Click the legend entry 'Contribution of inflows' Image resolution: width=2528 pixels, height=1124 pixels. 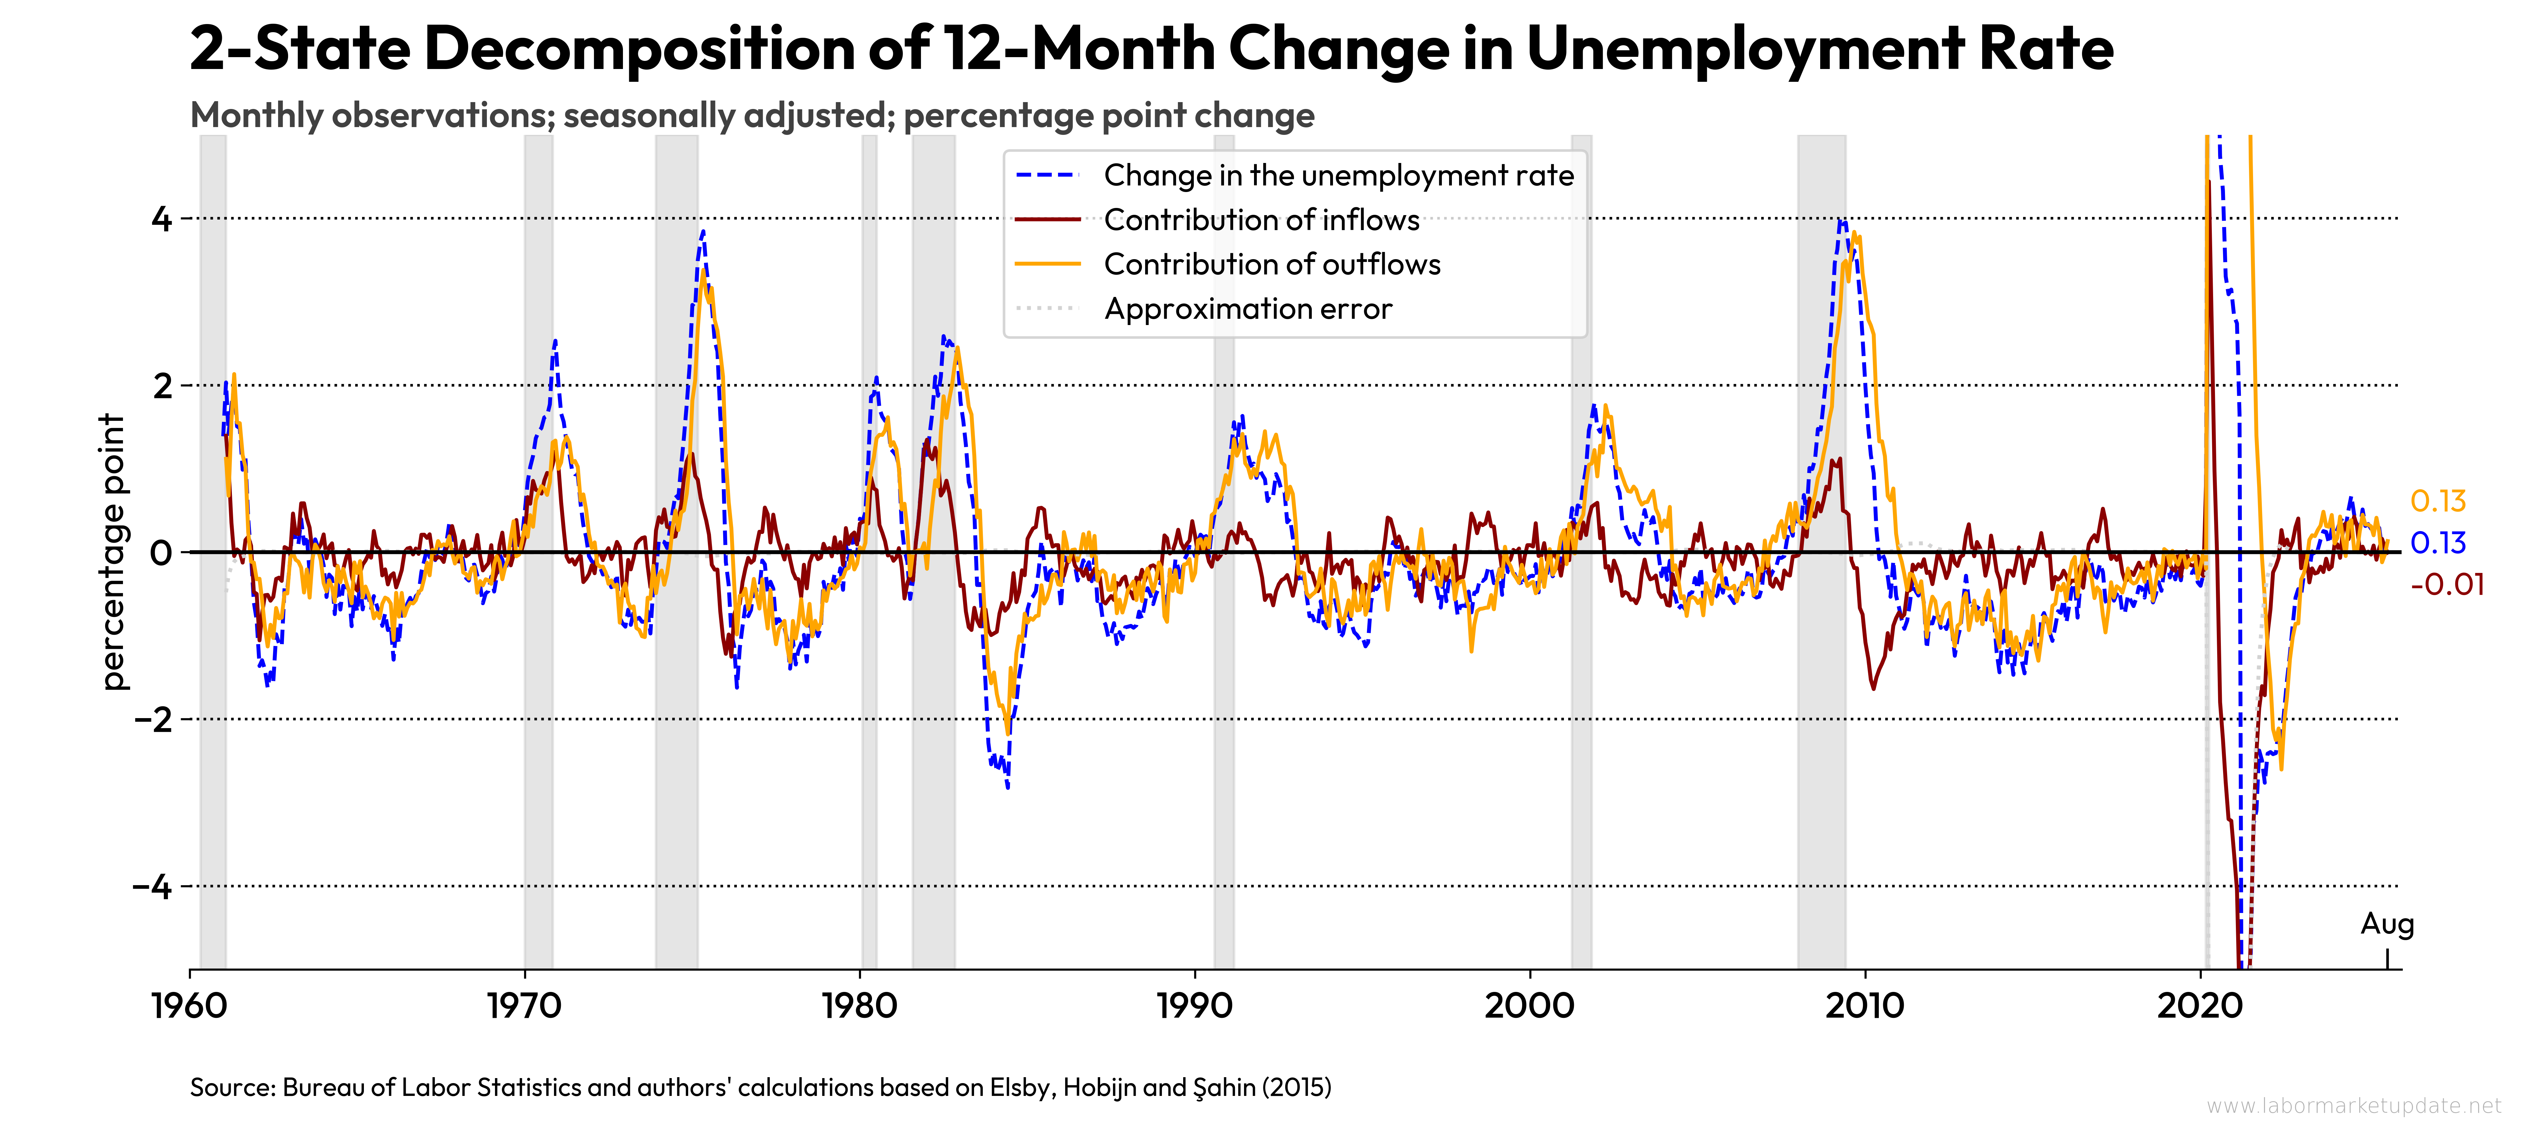pos(1261,220)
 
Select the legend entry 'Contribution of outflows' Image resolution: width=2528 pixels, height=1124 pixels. pos(1272,264)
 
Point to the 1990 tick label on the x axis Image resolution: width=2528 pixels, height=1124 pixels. pos(1194,1006)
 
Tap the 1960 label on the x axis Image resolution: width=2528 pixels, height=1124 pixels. pos(189,1006)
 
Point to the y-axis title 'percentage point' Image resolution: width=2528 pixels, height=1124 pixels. pos(114,552)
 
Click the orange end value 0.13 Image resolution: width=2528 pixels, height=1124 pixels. pos(2438,502)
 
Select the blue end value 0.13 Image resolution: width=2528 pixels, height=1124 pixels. pos(2438,543)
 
